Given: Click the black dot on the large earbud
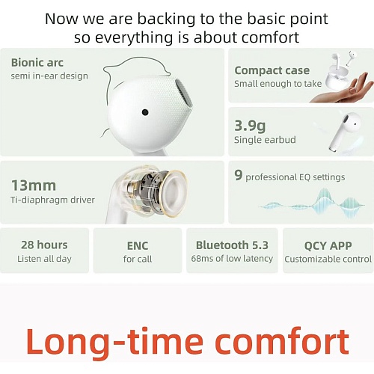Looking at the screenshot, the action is [145, 112].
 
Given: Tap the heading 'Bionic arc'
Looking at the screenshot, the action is [37, 62].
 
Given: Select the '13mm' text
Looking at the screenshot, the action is [34, 186].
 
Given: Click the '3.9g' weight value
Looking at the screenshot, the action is [250, 126].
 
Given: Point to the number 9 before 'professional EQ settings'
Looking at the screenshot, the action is [239, 175].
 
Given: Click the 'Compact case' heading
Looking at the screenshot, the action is [272, 70].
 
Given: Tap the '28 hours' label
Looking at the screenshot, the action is [44, 245].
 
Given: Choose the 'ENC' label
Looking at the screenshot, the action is [138, 245].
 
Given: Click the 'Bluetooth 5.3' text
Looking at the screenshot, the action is [232, 245].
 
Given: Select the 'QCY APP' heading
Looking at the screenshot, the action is [328, 245].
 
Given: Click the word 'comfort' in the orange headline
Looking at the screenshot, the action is [282, 341].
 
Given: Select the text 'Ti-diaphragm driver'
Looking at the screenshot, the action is [52, 200].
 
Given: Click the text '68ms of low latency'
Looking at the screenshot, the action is [232, 259].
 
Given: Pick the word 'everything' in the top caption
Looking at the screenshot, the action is [134, 37].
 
